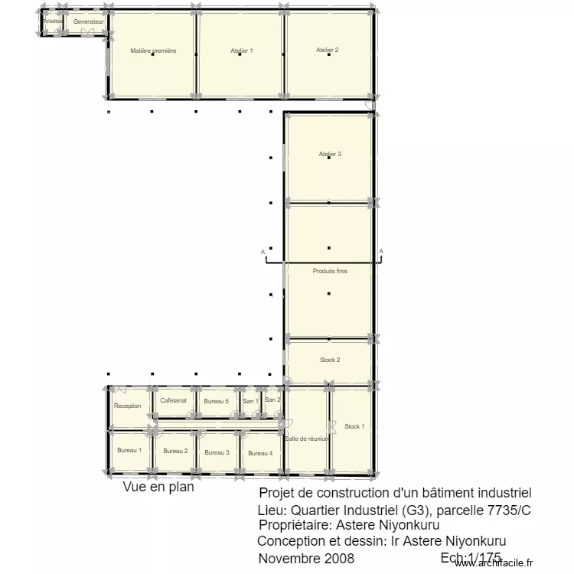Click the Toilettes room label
click(52, 21)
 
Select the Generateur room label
click(88, 21)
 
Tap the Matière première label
click(153, 51)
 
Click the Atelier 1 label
click(241, 51)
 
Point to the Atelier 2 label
click(327, 50)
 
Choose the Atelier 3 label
click(330, 154)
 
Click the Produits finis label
click(330, 271)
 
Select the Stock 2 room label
click(330, 360)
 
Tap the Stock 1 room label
click(354, 426)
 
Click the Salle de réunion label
click(307, 439)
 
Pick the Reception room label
click(127, 406)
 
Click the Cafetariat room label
click(174, 400)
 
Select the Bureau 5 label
click(217, 401)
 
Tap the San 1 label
click(250, 401)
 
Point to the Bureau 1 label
click(129, 450)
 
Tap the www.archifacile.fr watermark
click(493, 563)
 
